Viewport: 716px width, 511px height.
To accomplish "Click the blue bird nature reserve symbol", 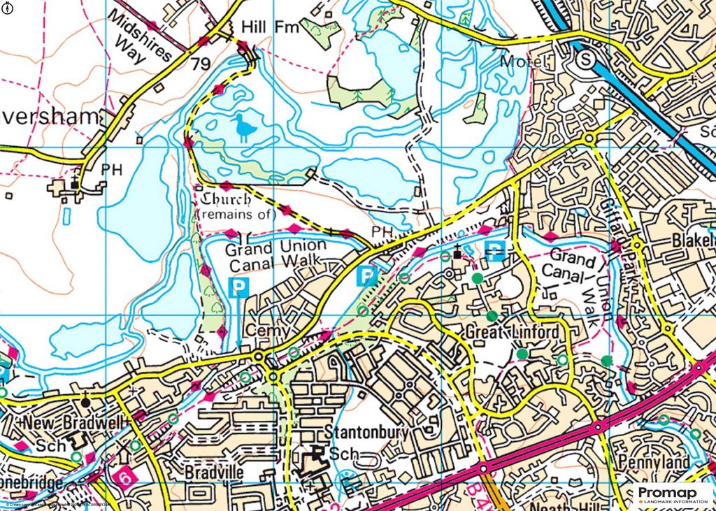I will (243, 128).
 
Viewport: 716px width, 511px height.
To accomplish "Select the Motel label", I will (522, 63).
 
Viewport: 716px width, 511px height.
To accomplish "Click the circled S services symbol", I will (585, 62).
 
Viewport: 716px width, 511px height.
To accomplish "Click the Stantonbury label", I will (366, 432).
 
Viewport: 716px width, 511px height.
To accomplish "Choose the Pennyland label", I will (654, 462).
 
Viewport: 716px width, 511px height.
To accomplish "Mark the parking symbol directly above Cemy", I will (239, 287).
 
